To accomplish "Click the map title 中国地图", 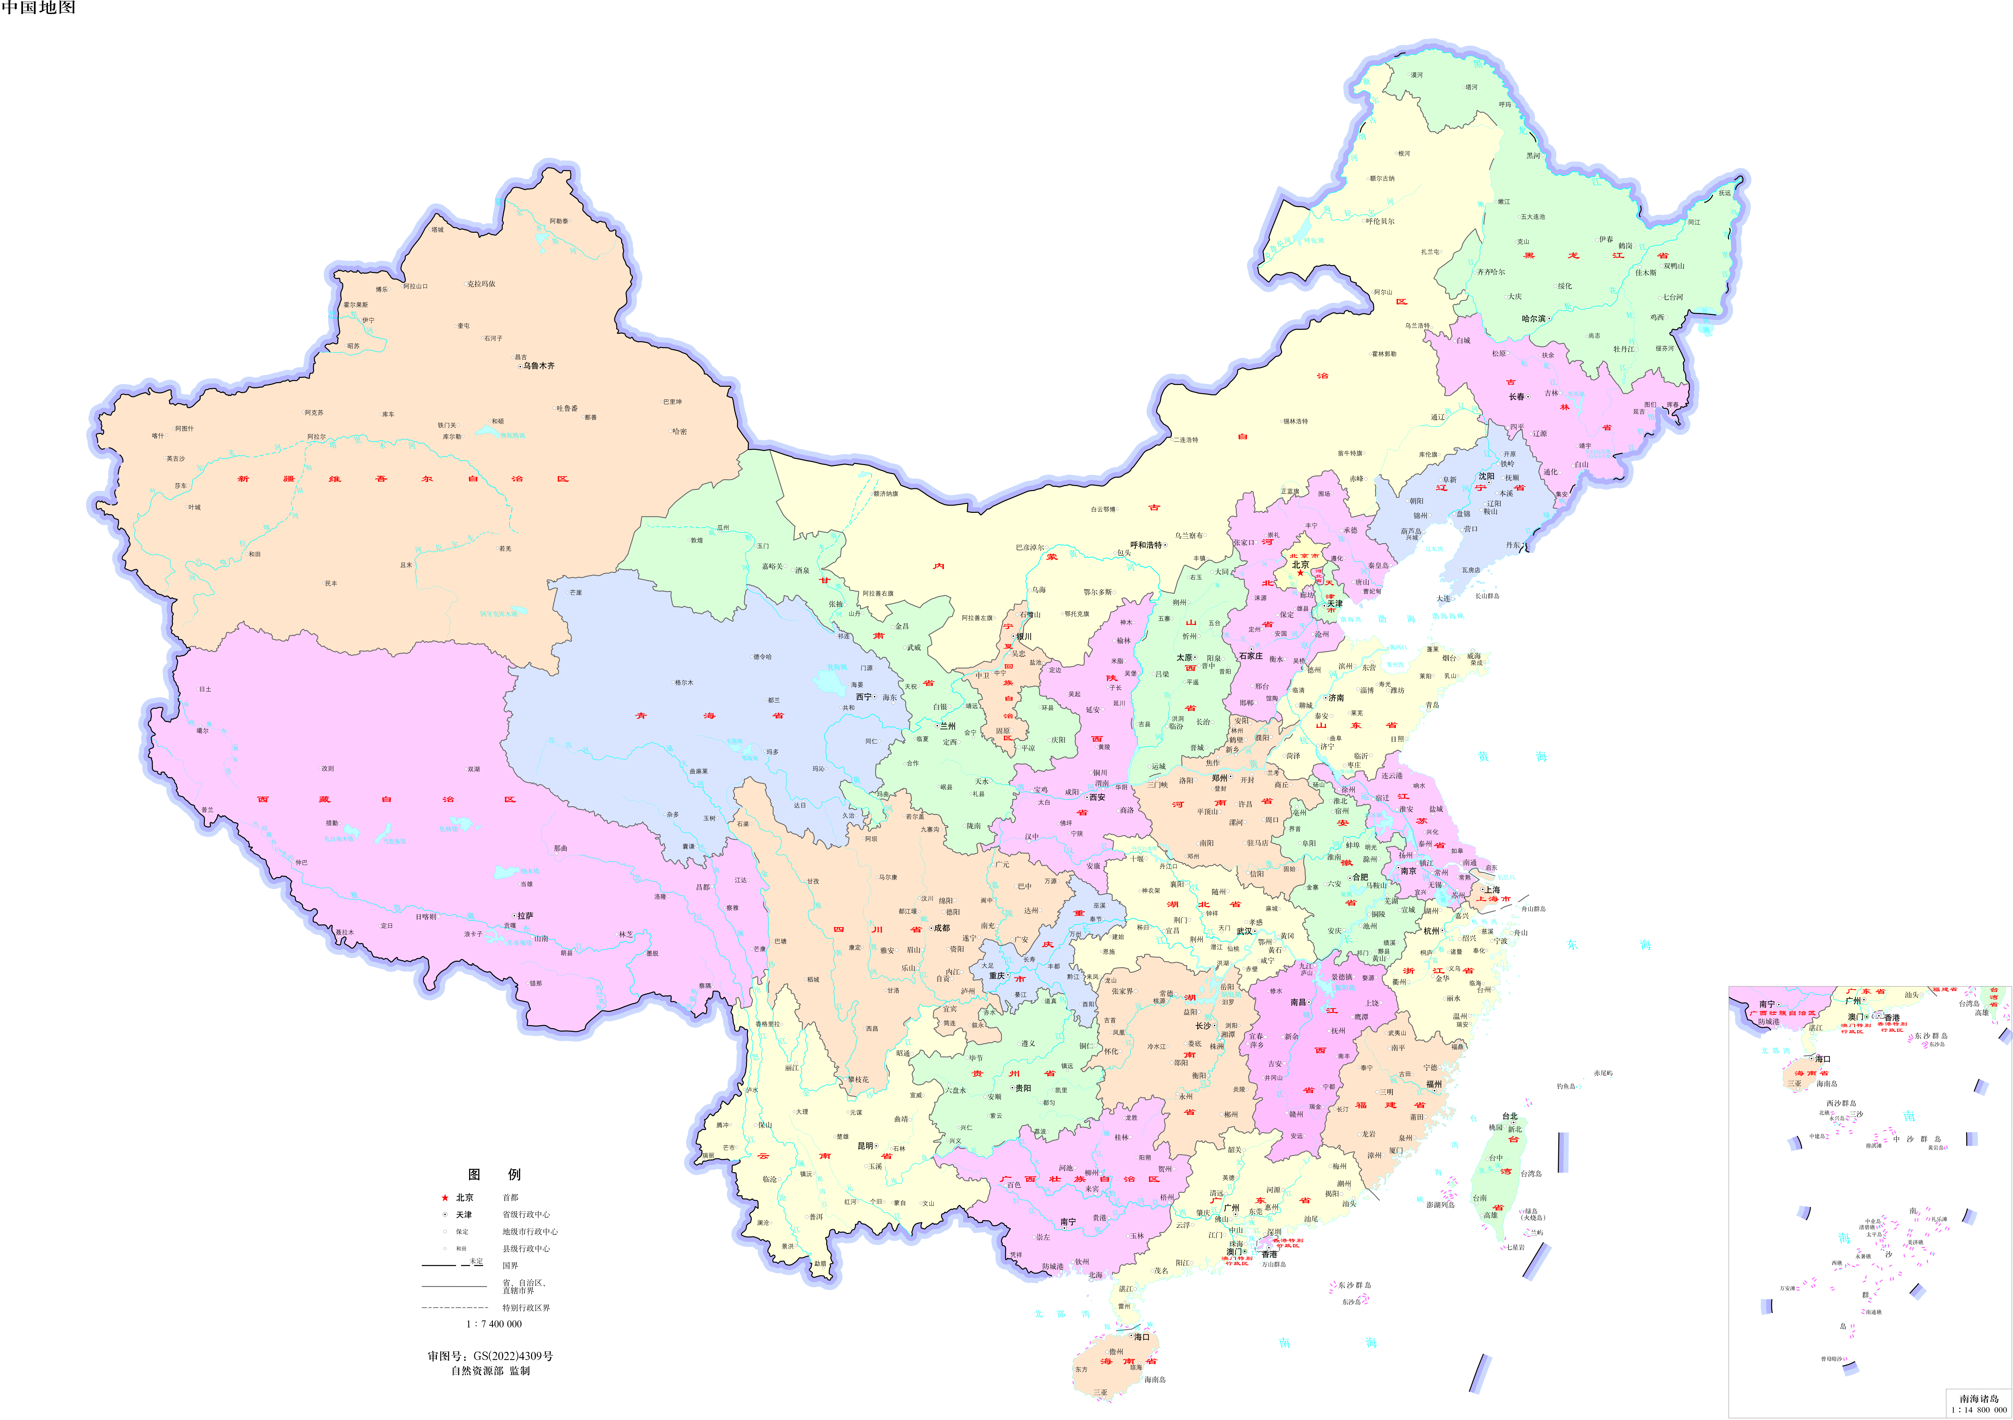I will (x=39, y=8).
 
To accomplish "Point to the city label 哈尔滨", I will (x=1534, y=318).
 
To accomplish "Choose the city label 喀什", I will (x=158, y=436).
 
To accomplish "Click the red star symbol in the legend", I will (x=445, y=1197).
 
